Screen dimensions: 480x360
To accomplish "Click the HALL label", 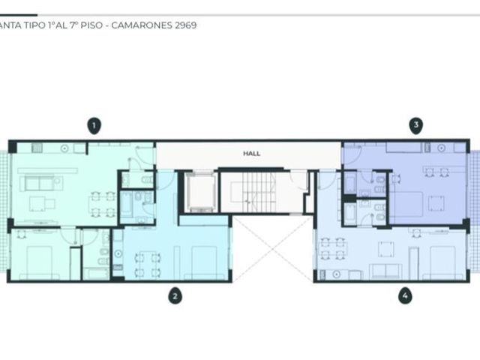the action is click(x=252, y=153).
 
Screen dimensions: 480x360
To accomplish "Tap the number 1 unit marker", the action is click(x=94, y=126).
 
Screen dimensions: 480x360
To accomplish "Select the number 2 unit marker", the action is click(x=175, y=295).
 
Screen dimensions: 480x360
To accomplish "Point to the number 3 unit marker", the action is click(x=416, y=125).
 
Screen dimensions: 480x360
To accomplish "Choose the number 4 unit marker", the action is click(x=405, y=295).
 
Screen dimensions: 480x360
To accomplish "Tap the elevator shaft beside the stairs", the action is click(x=201, y=192).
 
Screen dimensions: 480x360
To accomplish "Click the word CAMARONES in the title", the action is click(x=142, y=25).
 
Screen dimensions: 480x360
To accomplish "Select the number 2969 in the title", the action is click(x=185, y=25).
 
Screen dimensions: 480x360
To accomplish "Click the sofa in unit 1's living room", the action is click(x=41, y=183).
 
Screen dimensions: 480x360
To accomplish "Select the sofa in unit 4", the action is click(x=385, y=271).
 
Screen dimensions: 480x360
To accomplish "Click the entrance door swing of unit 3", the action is click(x=352, y=151).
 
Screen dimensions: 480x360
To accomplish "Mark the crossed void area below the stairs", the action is click(x=273, y=248).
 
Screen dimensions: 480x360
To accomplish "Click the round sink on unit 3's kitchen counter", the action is click(x=441, y=148).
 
